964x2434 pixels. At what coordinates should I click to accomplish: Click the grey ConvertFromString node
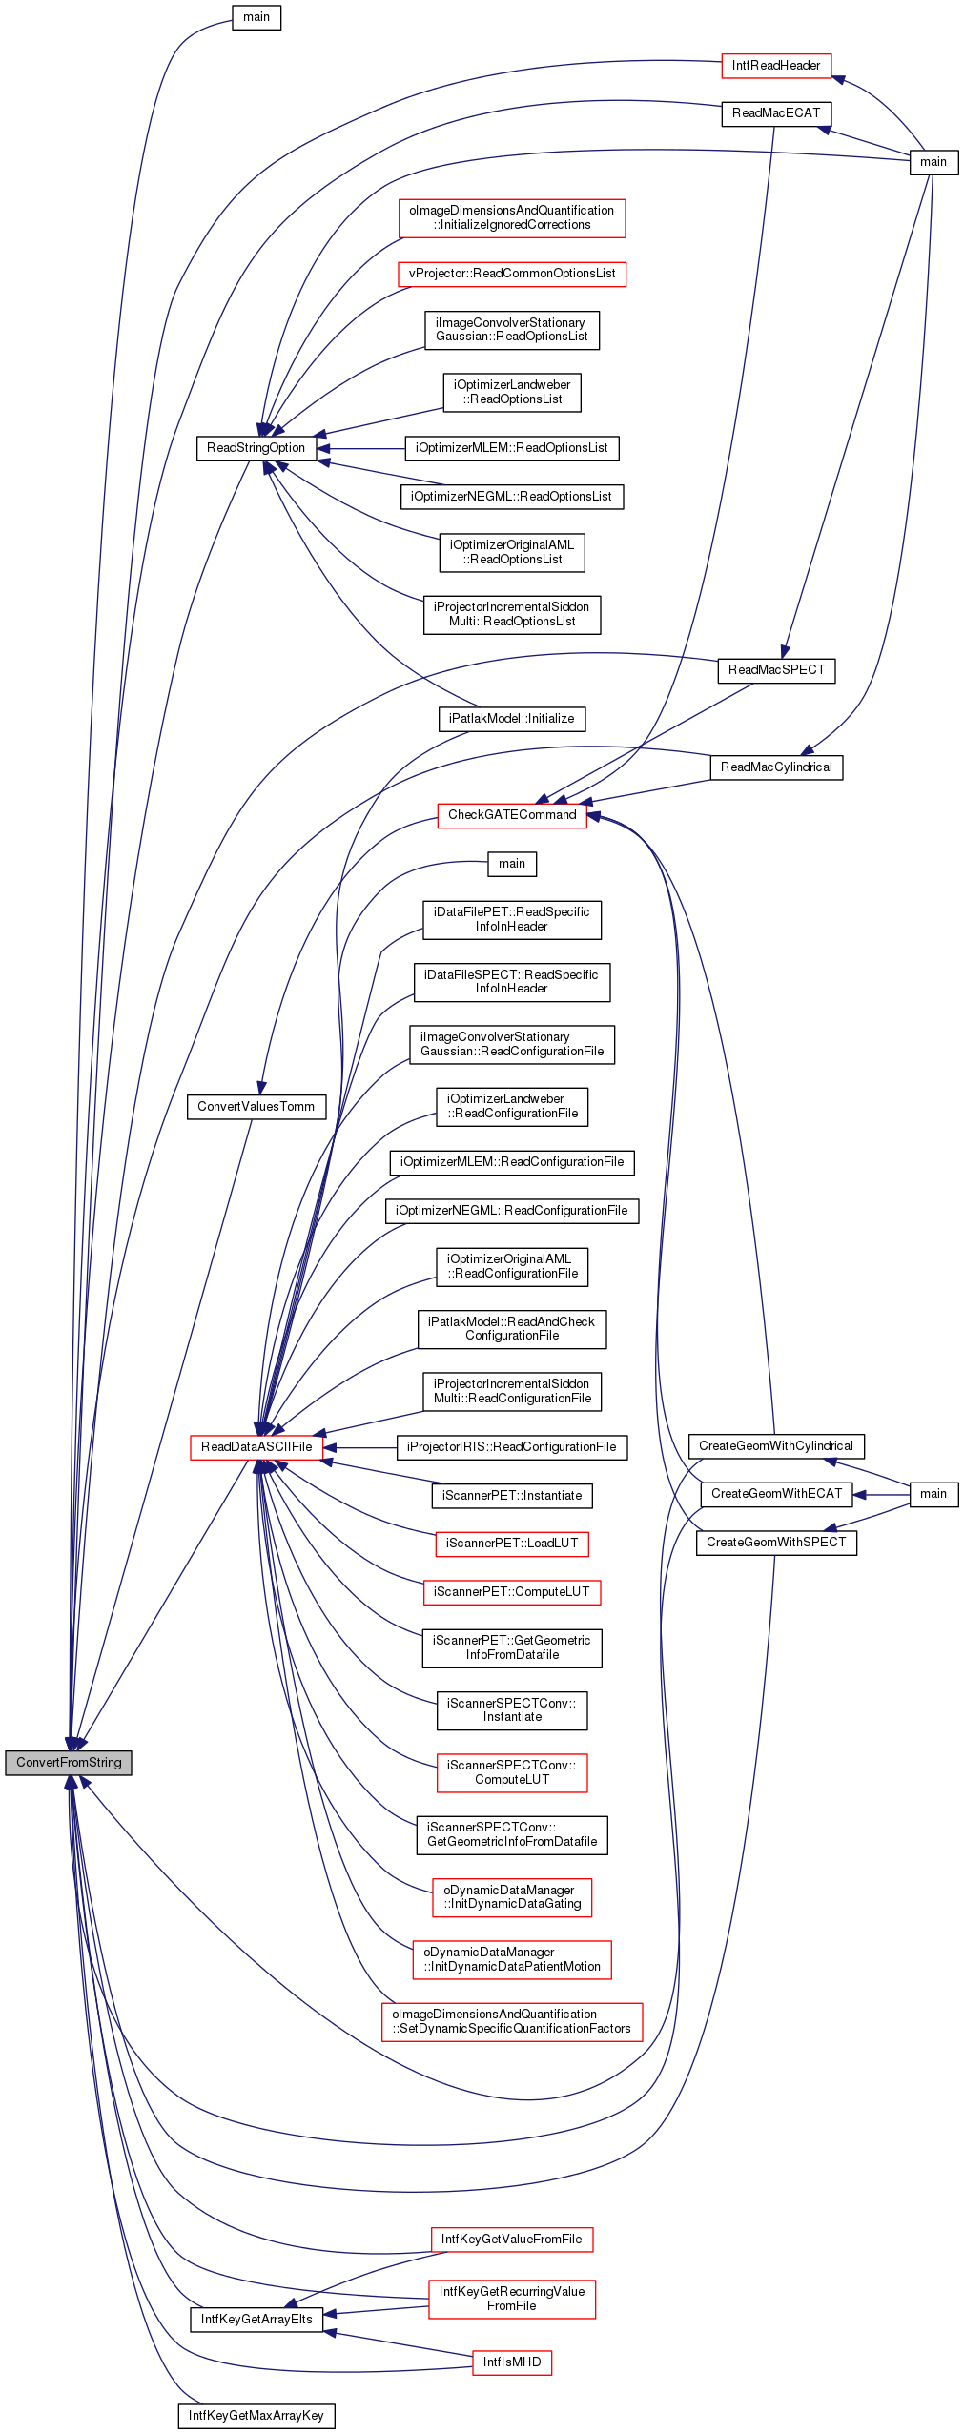(69, 1763)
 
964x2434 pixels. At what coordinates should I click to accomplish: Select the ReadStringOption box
(256, 448)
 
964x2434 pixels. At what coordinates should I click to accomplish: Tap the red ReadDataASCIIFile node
(256, 1447)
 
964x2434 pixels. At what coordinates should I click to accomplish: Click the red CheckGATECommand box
(512, 815)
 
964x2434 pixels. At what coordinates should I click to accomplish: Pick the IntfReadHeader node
(776, 66)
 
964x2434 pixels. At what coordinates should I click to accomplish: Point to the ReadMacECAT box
(776, 113)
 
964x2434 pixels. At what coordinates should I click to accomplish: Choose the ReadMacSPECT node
(776, 670)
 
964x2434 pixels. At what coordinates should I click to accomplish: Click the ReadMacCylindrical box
(776, 767)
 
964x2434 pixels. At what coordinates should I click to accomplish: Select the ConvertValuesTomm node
(256, 1107)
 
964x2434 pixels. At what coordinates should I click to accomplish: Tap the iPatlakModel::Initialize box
(512, 719)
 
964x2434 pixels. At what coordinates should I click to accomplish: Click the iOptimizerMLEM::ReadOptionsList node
(512, 448)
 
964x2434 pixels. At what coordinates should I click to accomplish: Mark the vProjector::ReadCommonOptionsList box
(512, 274)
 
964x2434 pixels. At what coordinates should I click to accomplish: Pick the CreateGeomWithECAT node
(776, 1494)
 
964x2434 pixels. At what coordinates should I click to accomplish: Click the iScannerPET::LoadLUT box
(512, 1544)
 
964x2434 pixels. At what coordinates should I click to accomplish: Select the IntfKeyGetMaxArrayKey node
(256, 2416)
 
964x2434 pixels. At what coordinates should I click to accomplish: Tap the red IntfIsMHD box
(512, 2362)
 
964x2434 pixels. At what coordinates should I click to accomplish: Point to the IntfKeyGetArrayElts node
(256, 2320)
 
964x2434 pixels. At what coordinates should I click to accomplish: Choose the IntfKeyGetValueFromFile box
(512, 2240)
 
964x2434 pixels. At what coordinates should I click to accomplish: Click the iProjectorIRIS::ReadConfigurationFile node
(512, 1447)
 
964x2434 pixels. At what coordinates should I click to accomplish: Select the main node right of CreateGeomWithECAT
(933, 1494)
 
